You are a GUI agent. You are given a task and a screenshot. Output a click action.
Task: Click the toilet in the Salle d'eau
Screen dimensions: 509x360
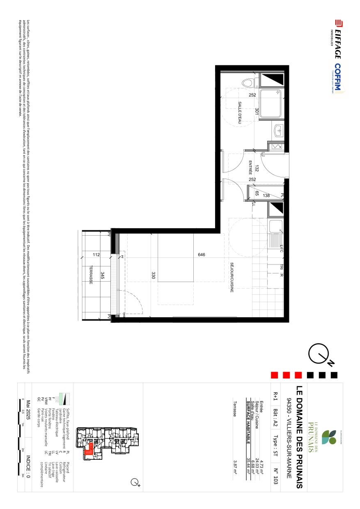pos(247,83)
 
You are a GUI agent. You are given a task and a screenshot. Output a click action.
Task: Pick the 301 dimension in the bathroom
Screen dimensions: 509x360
pos(257,111)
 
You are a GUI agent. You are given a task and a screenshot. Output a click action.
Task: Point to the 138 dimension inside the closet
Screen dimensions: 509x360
pos(266,196)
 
